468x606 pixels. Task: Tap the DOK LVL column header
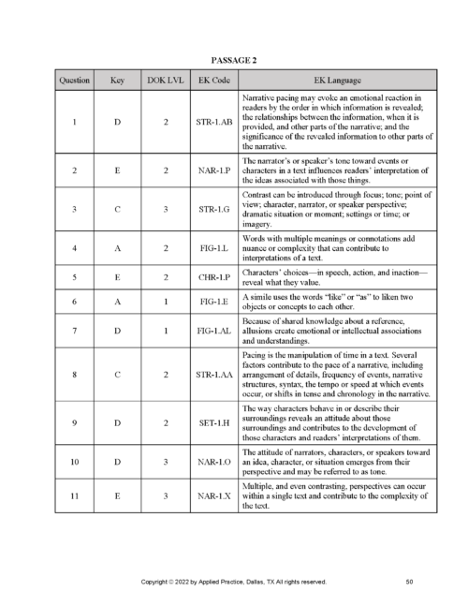(x=165, y=81)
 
